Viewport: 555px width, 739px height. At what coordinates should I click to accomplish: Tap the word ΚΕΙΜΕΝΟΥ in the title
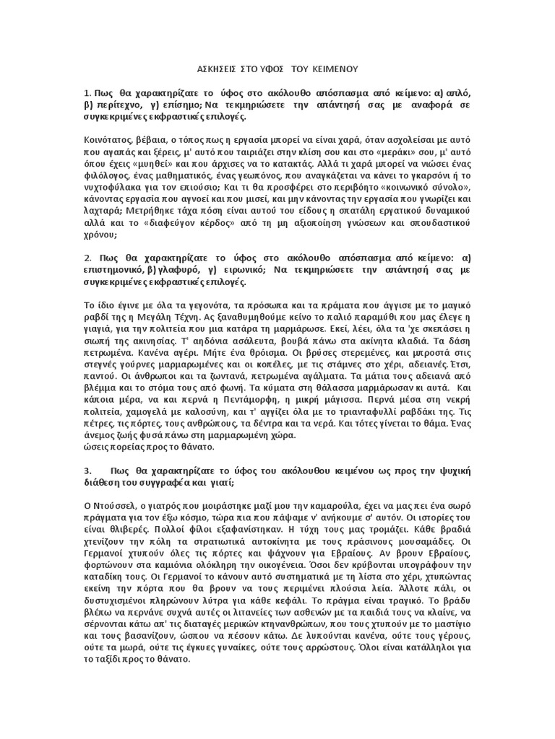[331, 69]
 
